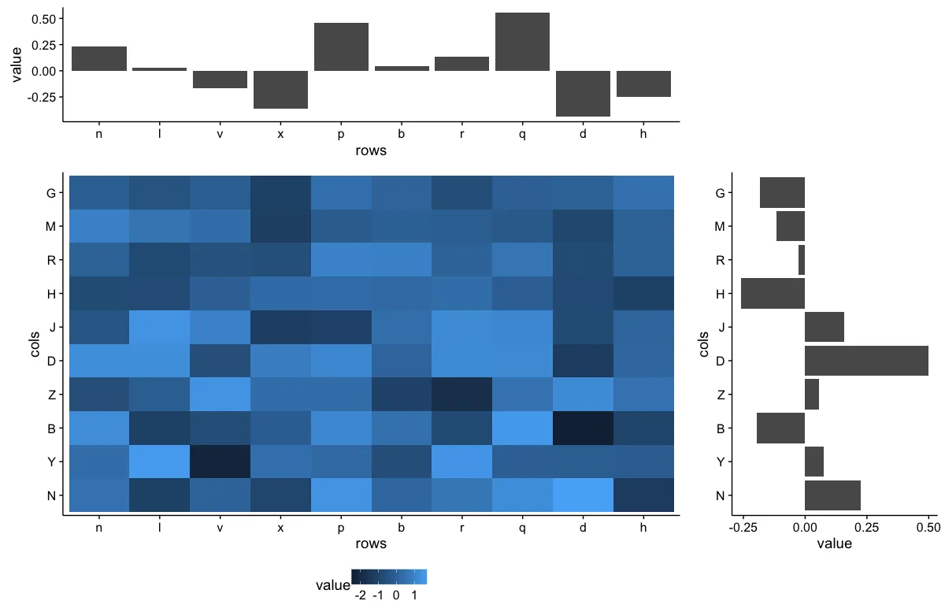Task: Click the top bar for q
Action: [x=522, y=42]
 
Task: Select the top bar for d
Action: [x=583, y=94]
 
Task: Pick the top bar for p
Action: [x=341, y=47]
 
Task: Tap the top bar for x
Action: [x=280, y=90]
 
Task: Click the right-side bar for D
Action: [x=866, y=361]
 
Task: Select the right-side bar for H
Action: [x=773, y=293]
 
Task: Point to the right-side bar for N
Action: [x=832, y=495]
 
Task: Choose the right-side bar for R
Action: [x=802, y=260]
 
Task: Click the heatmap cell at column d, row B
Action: [x=583, y=428]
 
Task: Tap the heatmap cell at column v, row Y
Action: [x=220, y=462]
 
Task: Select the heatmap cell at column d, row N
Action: [x=583, y=495]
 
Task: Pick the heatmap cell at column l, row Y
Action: [x=160, y=462]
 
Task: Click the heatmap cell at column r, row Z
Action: [x=461, y=394]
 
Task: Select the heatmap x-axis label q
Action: [x=522, y=527]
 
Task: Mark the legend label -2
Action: [x=360, y=595]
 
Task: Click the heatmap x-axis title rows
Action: [x=371, y=543]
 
